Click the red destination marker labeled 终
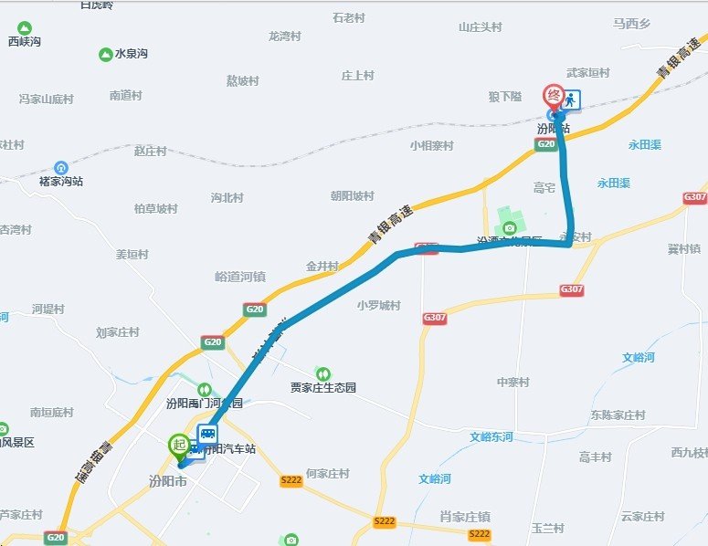[553, 95]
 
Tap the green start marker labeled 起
[178, 446]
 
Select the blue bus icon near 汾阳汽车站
[208, 434]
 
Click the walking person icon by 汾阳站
[572, 100]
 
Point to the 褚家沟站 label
[61, 182]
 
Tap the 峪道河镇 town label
[240, 276]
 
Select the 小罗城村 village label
[379, 305]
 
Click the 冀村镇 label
[684, 248]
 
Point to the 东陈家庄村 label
[618, 415]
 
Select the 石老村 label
[349, 17]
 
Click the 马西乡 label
[631, 23]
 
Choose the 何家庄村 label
[328, 474]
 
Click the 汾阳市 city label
[167, 481]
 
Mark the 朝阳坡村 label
[353, 195]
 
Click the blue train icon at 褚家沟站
[60, 167]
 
